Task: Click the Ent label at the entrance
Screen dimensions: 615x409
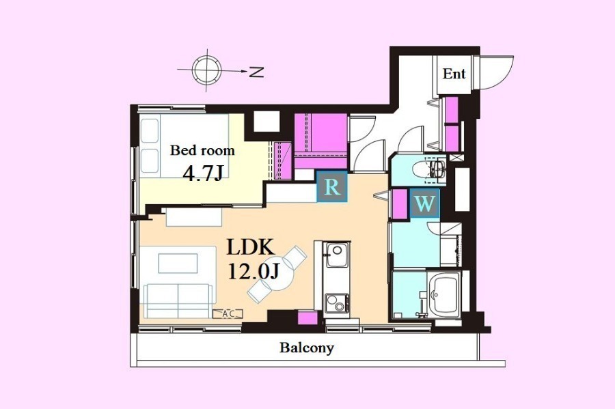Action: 454,73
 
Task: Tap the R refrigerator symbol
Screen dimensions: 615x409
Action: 332,187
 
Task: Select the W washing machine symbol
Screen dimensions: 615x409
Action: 425,203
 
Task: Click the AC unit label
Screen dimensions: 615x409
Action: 228,313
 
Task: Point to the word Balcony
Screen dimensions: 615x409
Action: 307,348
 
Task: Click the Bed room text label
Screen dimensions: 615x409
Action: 202,150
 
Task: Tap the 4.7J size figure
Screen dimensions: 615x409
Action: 203,173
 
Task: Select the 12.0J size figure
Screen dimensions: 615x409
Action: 254,270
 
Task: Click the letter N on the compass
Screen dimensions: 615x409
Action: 256,72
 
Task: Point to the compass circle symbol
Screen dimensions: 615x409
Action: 206,70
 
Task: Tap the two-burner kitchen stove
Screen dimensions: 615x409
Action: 336,303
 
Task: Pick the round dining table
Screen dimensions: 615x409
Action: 277,274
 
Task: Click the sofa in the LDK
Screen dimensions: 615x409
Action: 178,300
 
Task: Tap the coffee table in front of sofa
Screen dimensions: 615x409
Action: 178,264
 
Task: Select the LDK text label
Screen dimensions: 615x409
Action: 250,248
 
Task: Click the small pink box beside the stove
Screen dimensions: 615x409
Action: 307,318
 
